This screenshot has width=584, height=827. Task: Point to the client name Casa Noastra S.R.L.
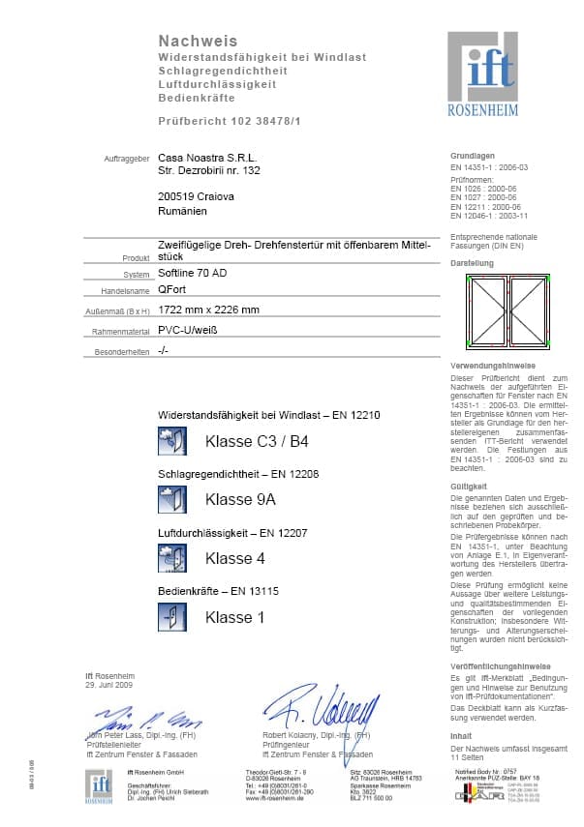tap(202, 157)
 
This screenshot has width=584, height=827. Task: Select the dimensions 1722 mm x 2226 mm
tap(208, 310)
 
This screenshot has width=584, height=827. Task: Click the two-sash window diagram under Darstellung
tap(507, 310)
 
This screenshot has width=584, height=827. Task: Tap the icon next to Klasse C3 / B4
tap(171, 441)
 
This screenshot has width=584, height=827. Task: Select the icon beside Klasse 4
tap(171, 557)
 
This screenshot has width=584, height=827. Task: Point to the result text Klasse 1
tap(234, 616)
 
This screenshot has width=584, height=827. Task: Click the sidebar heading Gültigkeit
tap(468, 486)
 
